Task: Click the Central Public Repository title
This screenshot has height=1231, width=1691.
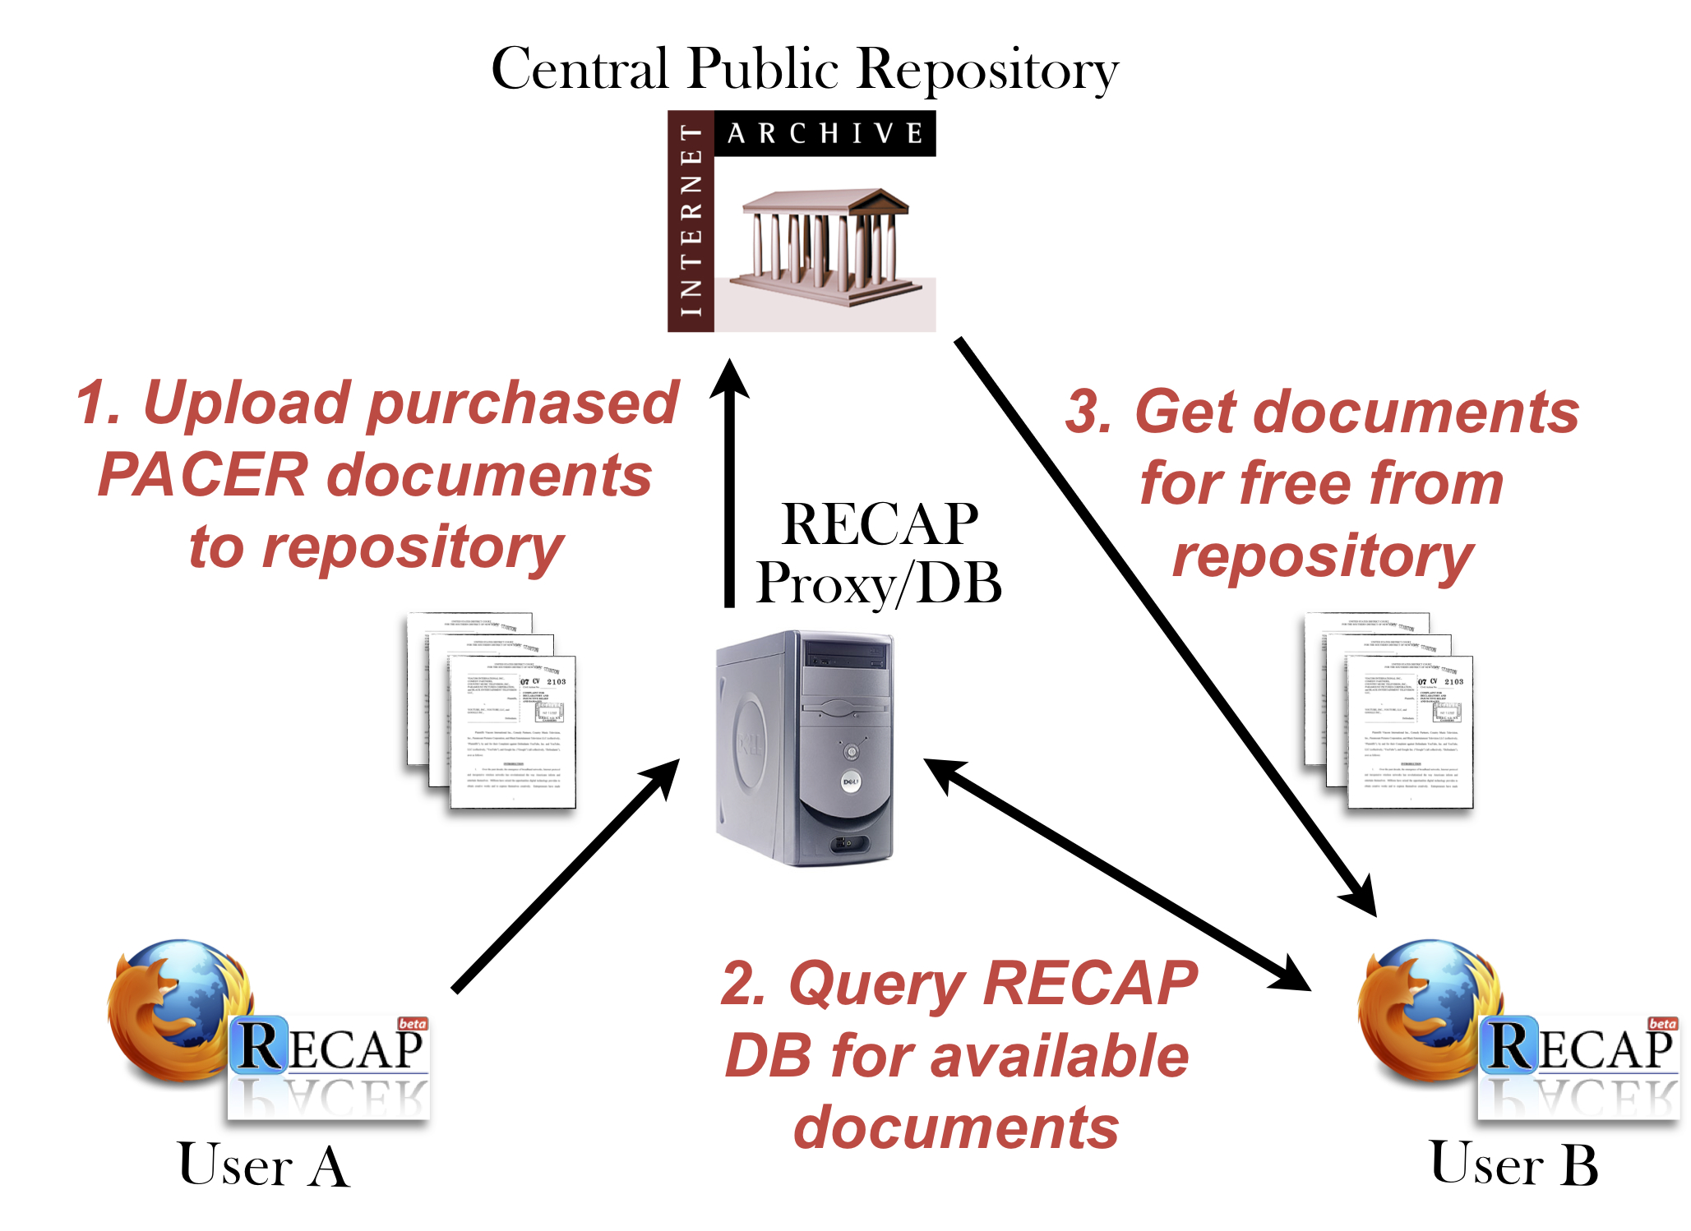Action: tap(804, 69)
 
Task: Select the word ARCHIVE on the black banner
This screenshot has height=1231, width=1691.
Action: tap(825, 133)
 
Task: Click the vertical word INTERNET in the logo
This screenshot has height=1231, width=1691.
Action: tap(691, 220)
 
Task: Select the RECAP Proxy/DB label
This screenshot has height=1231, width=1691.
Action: tap(878, 553)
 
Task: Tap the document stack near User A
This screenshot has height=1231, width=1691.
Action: tap(492, 710)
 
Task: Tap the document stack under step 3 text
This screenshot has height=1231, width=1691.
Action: tap(1388, 710)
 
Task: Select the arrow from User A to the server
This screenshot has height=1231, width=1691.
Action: tap(566, 875)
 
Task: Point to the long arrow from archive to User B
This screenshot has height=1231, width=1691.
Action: tap(1163, 625)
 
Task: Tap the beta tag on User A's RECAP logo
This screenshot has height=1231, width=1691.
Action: tap(412, 1024)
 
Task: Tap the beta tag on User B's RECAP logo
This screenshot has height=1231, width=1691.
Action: tap(1661, 1024)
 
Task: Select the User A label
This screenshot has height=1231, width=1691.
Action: tap(263, 1165)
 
